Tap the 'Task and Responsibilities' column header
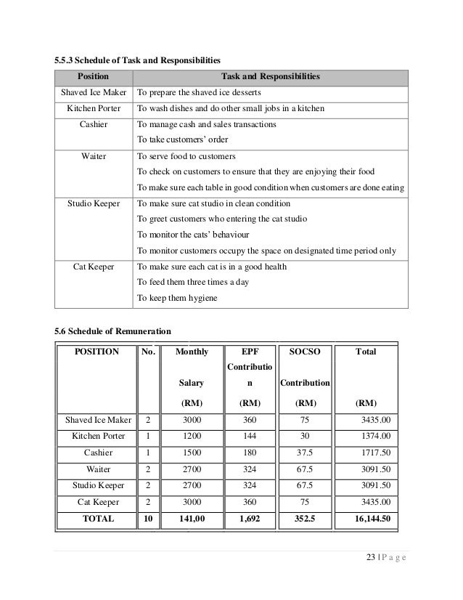[269, 76]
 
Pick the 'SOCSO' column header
[304, 352]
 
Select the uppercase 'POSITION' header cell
[99, 352]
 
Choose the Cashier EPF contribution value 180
[248, 453]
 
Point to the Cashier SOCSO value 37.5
[304, 453]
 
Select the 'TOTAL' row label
[98, 519]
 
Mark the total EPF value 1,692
[248, 519]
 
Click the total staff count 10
[148, 519]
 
